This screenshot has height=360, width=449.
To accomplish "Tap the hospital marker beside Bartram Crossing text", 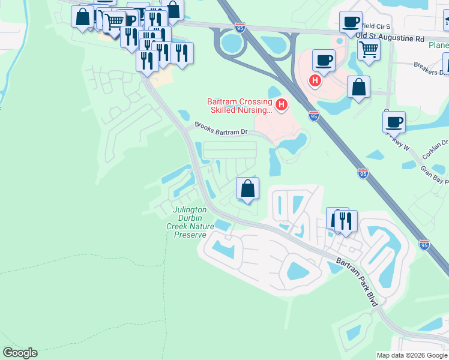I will [x=281, y=106].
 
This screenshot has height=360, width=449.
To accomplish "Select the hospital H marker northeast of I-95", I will [x=314, y=80].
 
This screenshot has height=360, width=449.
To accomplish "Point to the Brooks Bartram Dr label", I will [x=220, y=130].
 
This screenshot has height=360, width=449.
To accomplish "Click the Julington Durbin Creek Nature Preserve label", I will [x=190, y=222].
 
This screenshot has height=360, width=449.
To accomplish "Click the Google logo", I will [x=20, y=353].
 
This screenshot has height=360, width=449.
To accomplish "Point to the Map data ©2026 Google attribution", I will [x=412, y=355].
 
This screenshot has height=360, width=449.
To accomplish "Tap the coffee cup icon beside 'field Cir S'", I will [x=351, y=23].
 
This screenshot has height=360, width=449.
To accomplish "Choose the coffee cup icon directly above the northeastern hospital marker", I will [x=324, y=60].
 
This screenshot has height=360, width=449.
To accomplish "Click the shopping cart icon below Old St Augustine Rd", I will [x=369, y=49].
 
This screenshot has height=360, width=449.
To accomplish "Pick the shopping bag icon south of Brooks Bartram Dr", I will [x=247, y=189].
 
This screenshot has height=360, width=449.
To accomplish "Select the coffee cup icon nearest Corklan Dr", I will [x=394, y=122].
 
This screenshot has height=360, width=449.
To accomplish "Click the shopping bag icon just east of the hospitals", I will [x=358, y=87].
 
